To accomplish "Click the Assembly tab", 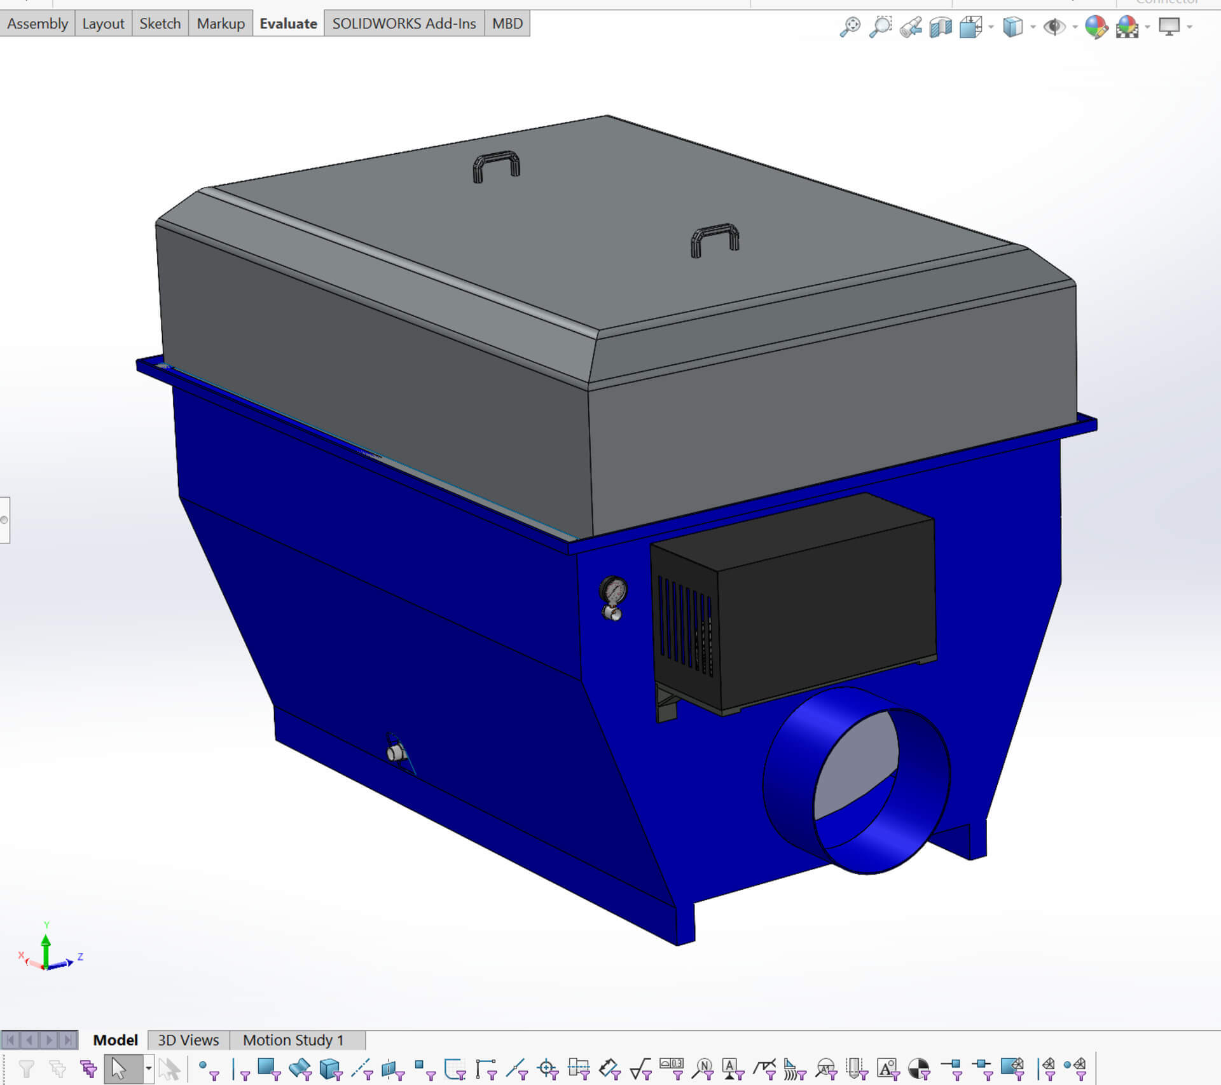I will [x=37, y=24].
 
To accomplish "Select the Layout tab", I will [x=103, y=24].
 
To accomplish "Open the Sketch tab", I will [x=160, y=24].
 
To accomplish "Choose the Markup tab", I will [x=220, y=24].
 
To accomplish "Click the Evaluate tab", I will [x=288, y=24].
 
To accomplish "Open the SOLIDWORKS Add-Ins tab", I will [x=404, y=24].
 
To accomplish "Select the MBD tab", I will [x=507, y=24].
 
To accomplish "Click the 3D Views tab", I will [x=188, y=1041].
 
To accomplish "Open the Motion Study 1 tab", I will [x=293, y=1041].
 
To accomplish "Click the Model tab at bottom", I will [x=115, y=1041].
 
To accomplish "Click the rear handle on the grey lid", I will [x=496, y=165].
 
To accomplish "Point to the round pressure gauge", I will [x=614, y=591].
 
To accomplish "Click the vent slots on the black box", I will [x=685, y=626].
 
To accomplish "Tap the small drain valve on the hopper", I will [x=396, y=753].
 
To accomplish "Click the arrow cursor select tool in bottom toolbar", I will [x=119, y=1069].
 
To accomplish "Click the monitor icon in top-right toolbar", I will [x=1169, y=27].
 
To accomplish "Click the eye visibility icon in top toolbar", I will [x=1054, y=27].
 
